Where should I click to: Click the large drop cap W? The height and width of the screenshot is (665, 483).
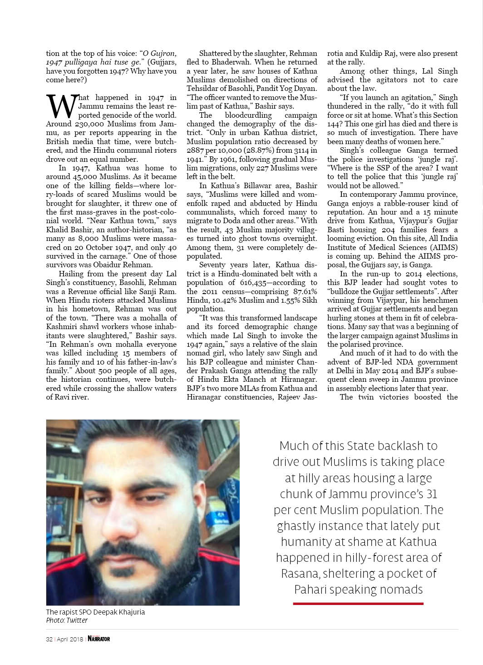click(60, 106)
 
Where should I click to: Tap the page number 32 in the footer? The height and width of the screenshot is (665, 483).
click(49, 639)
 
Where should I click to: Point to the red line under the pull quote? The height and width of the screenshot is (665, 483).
click(358, 604)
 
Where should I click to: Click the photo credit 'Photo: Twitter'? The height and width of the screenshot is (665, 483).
click(67, 620)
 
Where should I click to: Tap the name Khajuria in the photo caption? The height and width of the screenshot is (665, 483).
click(130, 612)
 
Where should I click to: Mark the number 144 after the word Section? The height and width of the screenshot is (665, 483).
click(334, 124)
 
